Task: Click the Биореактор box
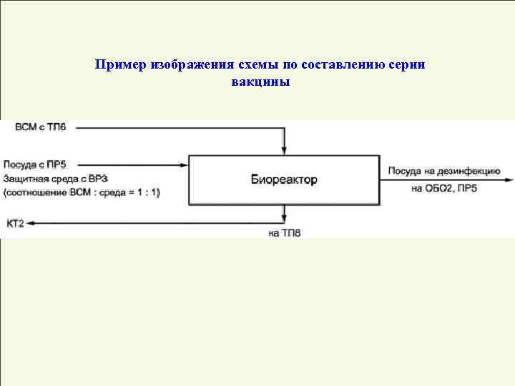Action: coord(283,179)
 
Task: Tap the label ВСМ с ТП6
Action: coord(40,127)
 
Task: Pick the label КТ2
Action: coord(15,224)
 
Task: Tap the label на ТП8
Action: coord(285,233)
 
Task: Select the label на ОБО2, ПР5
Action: coord(444,189)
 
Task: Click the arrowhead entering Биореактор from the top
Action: coord(285,151)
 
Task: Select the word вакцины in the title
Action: coord(260,82)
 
